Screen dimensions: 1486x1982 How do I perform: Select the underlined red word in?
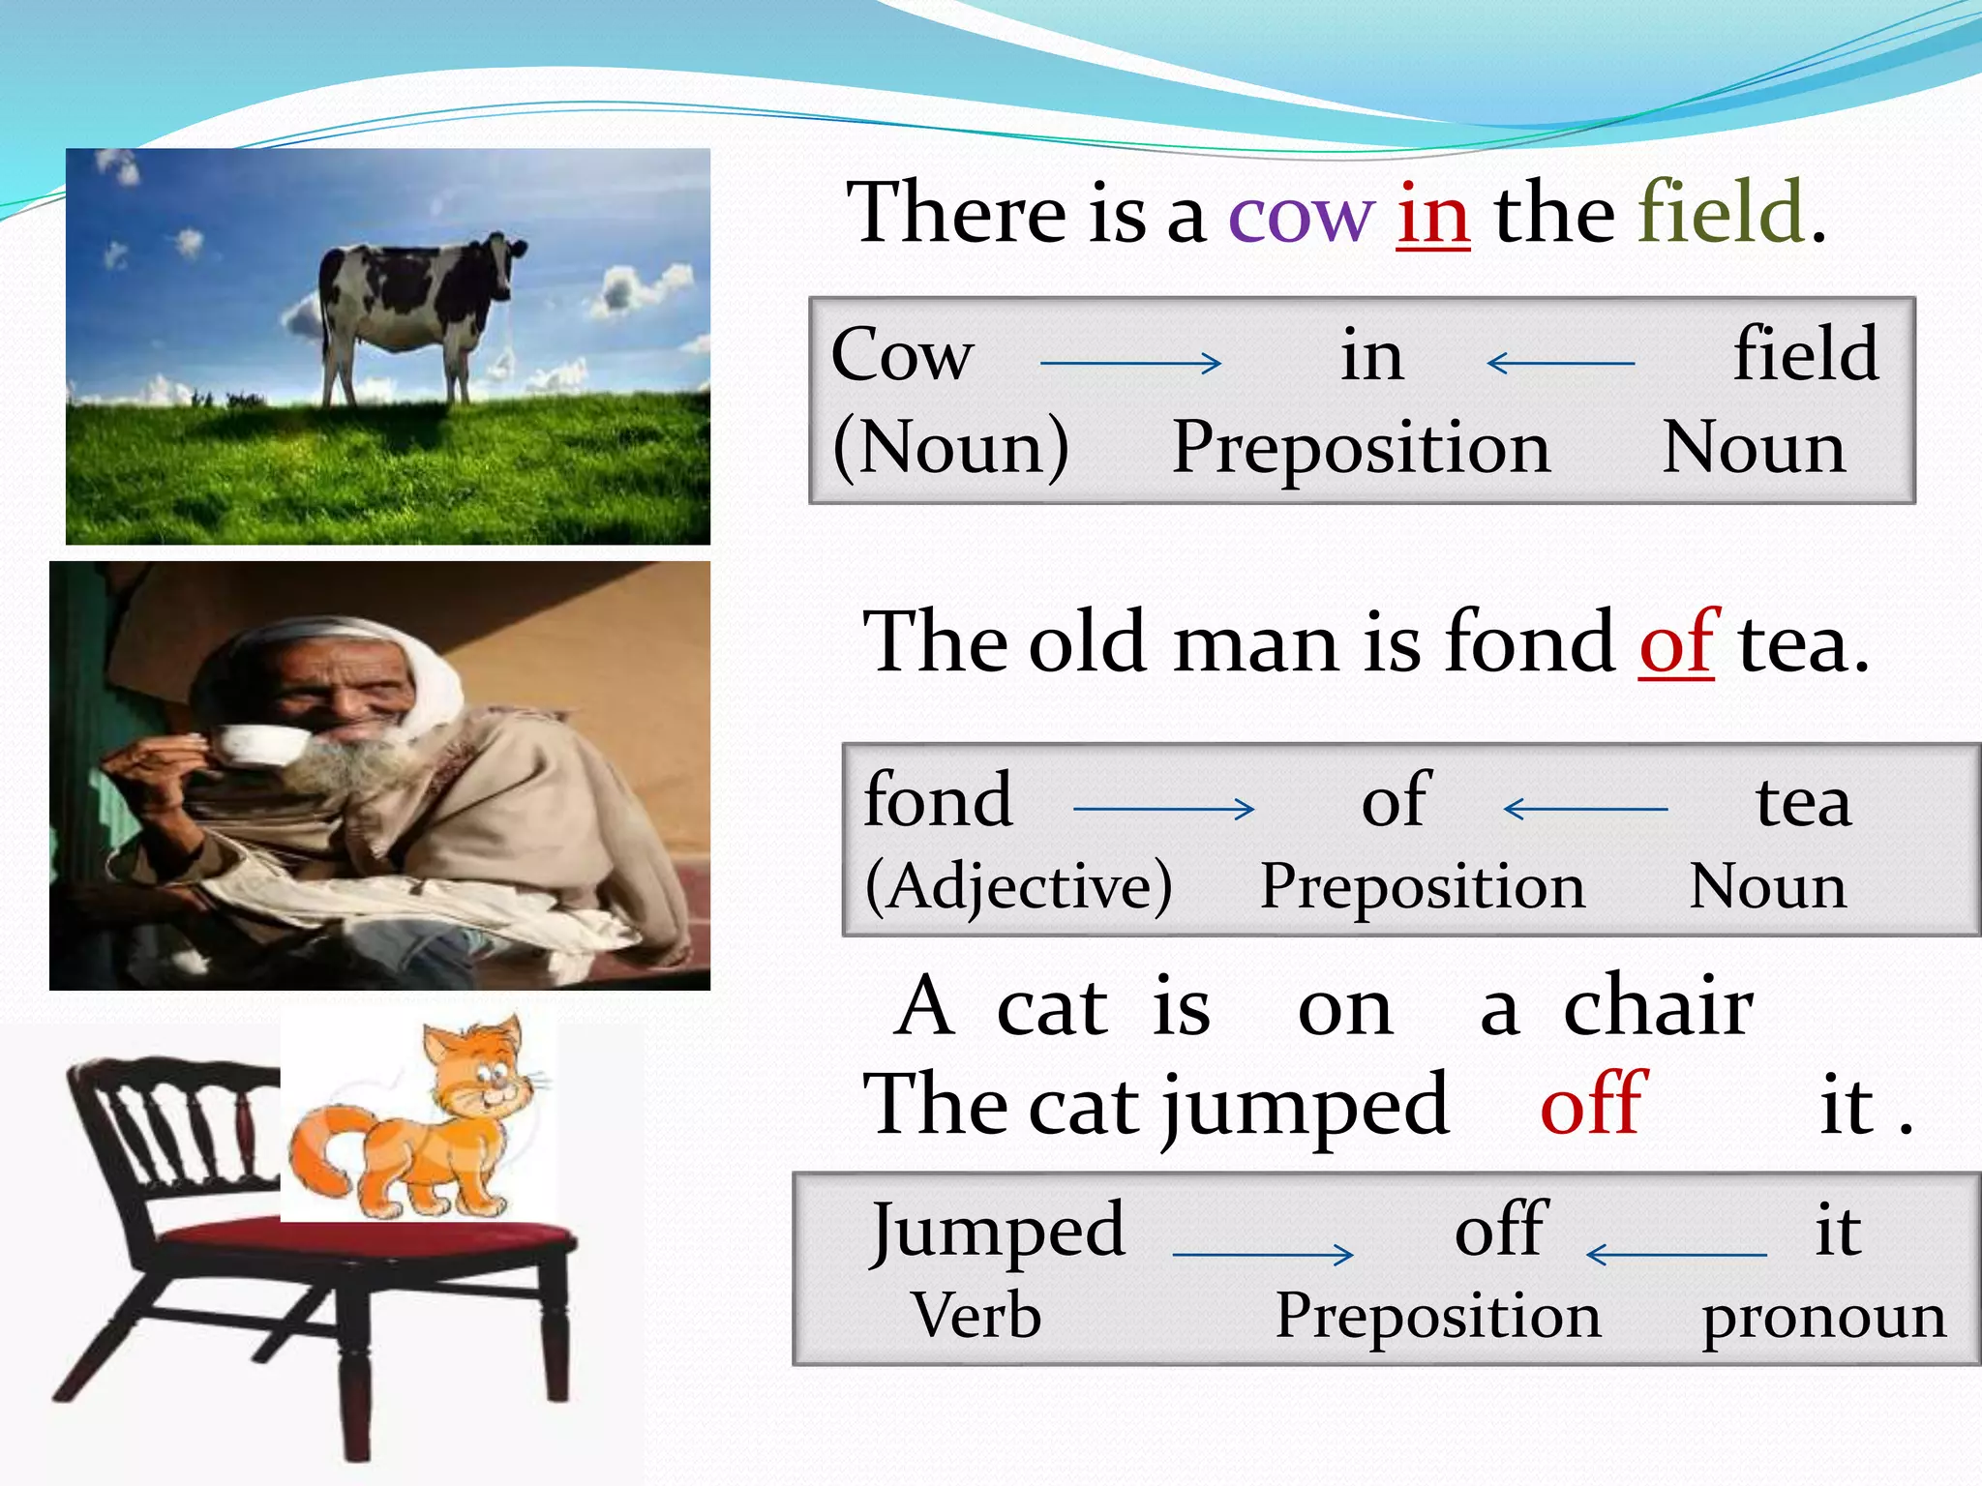(x=1433, y=215)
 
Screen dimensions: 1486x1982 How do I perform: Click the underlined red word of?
(x=1676, y=643)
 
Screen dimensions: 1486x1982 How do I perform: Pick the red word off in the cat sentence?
(x=1592, y=1105)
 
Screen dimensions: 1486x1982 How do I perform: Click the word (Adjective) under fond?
(x=1018, y=886)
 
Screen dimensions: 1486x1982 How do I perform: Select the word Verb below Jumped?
(x=976, y=1316)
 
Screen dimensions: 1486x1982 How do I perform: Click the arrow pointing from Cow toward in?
(x=1130, y=364)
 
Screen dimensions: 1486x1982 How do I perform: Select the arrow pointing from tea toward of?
(x=1585, y=809)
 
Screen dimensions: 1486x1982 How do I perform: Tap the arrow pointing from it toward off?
(x=1676, y=1255)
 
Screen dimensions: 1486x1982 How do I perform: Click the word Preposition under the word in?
(x=1361, y=449)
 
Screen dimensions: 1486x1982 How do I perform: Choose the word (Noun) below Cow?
(x=950, y=449)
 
